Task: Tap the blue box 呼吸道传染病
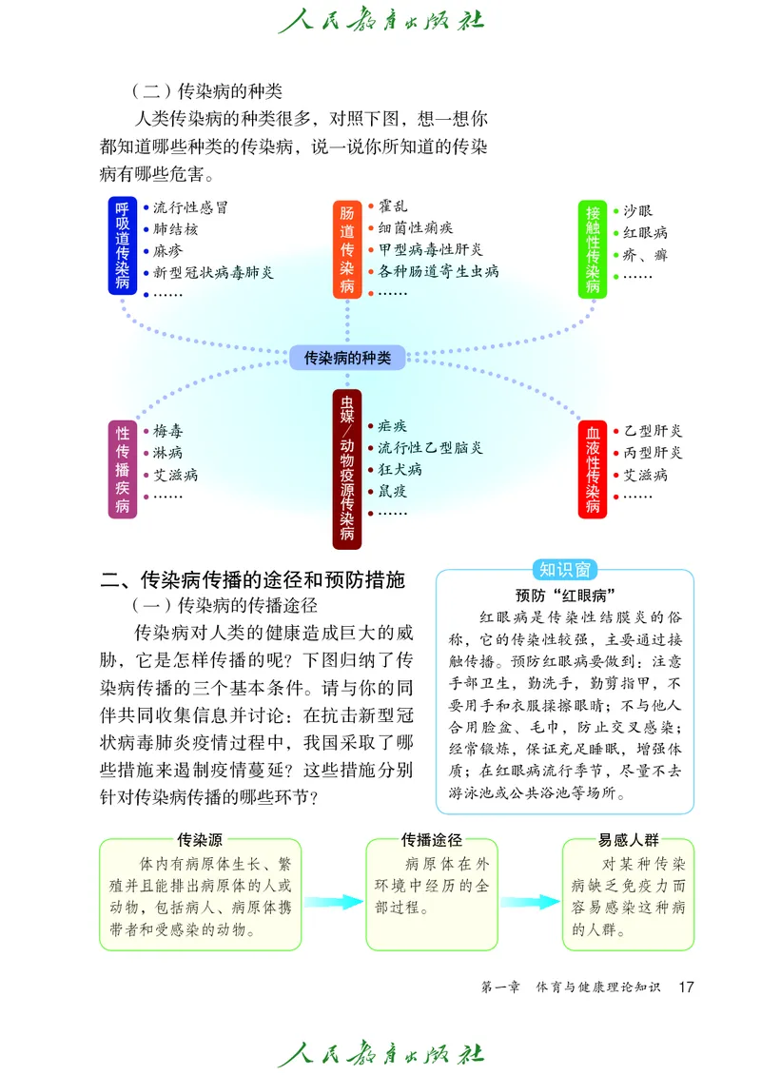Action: (x=123, y=245)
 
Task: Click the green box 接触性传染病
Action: (x=594, y=247)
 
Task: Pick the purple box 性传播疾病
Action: (x=123, y=469)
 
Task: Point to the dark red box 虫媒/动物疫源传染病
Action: (x=347, y=469)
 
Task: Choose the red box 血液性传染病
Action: (x=594, y=469)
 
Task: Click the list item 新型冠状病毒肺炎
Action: (x=214, y=273)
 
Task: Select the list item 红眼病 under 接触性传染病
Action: (x=646, y=232)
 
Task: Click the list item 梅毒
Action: (x=168, y=431)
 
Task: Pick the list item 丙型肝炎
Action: (x=653, y=453)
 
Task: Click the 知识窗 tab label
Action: (x=565, y=570)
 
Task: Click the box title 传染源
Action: (x=200, y=840)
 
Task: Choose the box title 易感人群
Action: (x=629, y=840)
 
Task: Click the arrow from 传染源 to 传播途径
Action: (x=333, y=901)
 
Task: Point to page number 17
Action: (x=685, y=987)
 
